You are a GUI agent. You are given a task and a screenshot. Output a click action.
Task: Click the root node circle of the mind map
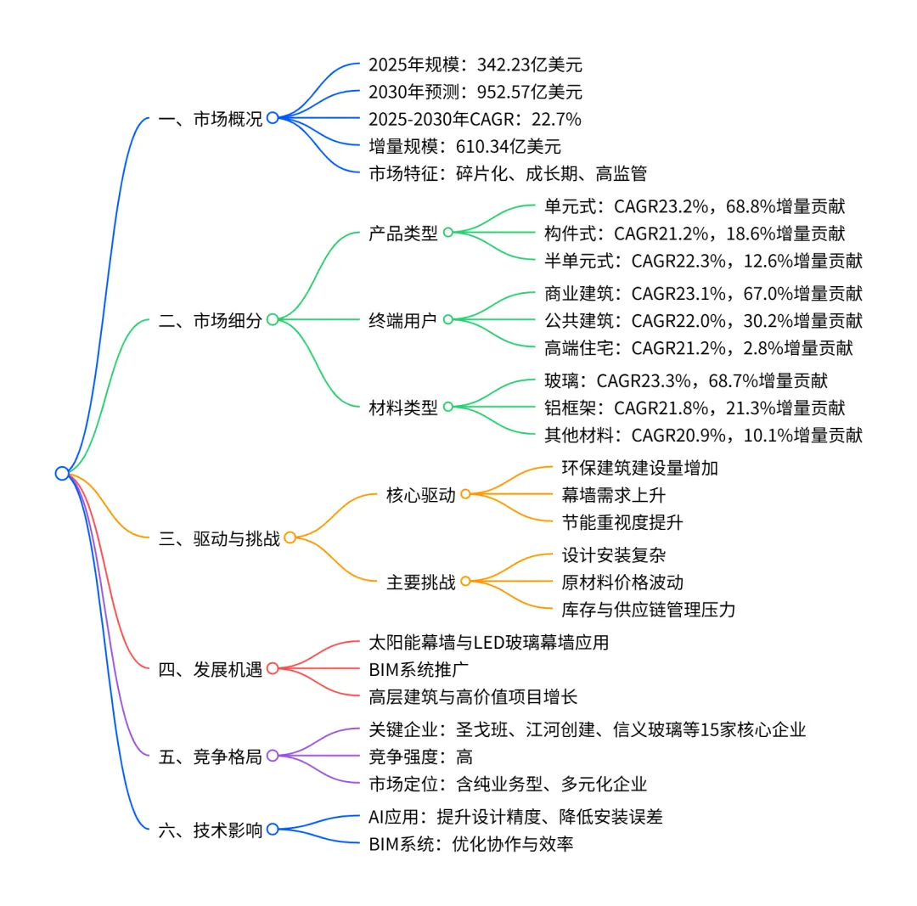[x=62, y=473]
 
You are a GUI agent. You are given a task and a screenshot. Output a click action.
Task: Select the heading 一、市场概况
[x=210, y=119]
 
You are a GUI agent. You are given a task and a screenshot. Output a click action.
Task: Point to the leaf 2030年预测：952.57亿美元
[x=475, y=92]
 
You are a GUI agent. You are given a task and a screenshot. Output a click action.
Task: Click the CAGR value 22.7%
[x=555, y=119]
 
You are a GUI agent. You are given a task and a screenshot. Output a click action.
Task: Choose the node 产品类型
[x=403, y=233]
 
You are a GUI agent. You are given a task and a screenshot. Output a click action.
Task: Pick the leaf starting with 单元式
[x=694, y=205]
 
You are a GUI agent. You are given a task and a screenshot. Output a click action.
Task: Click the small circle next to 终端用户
[x=447, y=319]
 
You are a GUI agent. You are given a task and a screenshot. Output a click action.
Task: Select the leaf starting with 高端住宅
[x=698, y=346]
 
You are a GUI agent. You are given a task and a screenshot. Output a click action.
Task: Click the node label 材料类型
[x=403, y=408]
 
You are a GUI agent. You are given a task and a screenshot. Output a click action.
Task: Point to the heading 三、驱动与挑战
[x=218, y=538]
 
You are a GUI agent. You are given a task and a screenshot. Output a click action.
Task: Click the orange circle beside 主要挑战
[x=465, y=582]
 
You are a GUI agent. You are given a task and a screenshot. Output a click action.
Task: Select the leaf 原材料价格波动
[x=622, y=582]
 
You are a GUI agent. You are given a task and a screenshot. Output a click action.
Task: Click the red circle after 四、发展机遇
[x=273, y=668]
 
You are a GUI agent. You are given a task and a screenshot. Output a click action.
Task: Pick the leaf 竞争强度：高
[x=420, y=756]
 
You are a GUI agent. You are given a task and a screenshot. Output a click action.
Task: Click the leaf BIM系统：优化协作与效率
[x=475, y=844]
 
